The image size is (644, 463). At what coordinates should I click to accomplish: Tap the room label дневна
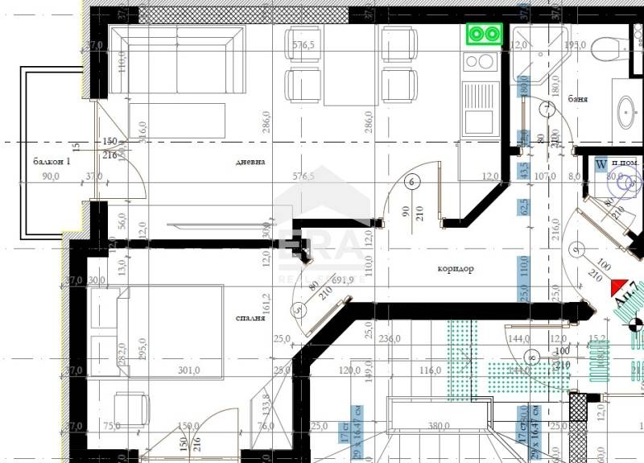(250, 161)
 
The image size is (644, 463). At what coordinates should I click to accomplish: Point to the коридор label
(456, 269)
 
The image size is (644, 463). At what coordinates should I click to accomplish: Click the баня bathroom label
(577, 99)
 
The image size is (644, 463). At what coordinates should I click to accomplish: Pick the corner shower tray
(535, 56)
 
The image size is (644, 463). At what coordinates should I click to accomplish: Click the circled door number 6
(412, 181)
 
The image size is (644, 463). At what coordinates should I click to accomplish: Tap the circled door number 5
(299, 308)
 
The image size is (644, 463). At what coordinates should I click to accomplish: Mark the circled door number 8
(529, 354)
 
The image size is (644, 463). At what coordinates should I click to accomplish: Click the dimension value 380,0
(438, 427)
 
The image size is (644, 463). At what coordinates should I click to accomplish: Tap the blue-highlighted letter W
(600, 164)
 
